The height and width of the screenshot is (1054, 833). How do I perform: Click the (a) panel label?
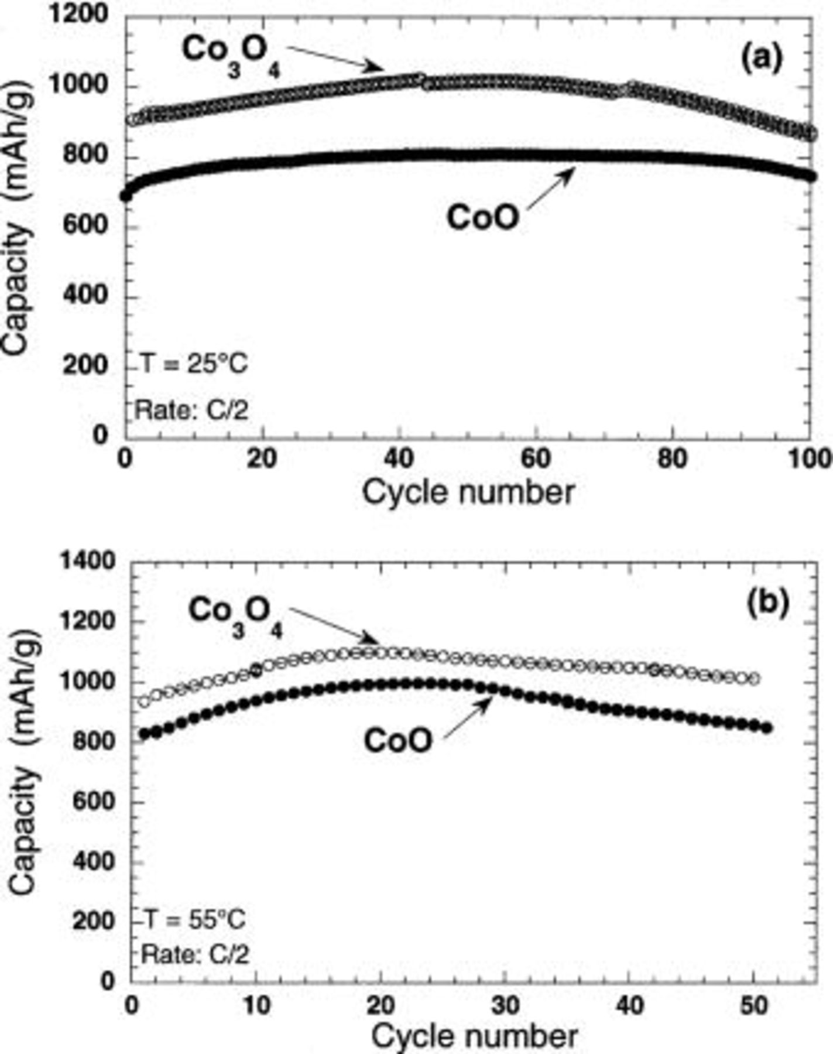coord(762,59)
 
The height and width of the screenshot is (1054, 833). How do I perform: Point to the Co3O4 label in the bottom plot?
coord(236,617)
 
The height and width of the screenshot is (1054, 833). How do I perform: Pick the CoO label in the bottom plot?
coord(398,741)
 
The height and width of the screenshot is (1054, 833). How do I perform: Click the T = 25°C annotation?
coord(194,364)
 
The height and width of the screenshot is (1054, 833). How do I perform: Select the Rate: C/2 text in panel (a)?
coord(192,409)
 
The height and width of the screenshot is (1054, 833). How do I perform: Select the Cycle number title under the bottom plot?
coord(474,1037)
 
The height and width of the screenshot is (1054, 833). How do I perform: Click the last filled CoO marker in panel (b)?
coord(767,728)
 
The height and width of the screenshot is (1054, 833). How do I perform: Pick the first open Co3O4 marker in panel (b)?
coord(143,701)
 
